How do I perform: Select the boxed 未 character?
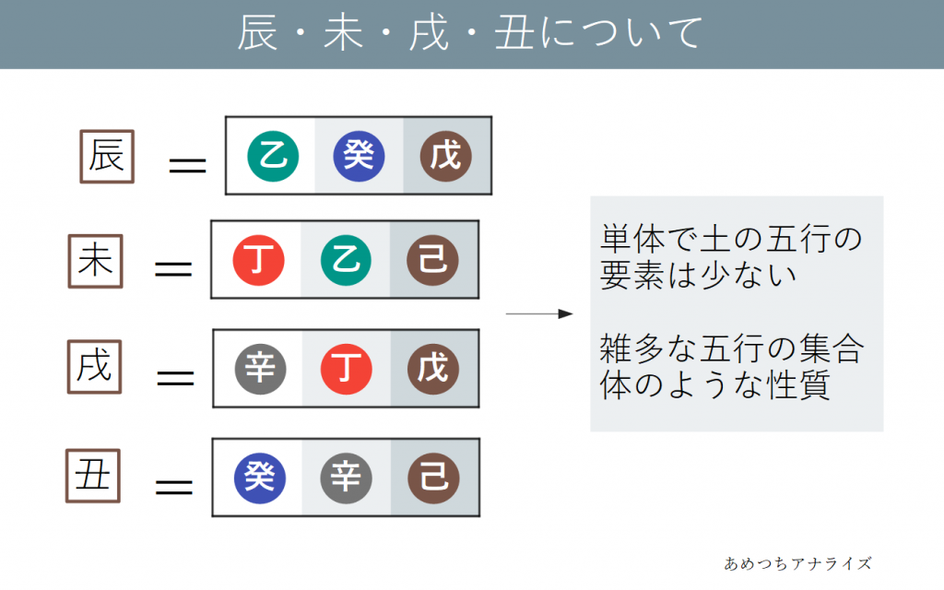tap(95, 262)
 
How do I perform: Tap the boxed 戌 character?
tap(95, 367)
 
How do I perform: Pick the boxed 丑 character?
tap(93, 475)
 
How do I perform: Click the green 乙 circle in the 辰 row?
tap(273, 156)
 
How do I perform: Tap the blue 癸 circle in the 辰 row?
tap(359, 156)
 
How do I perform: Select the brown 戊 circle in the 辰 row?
tap(446, 156)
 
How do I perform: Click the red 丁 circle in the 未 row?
tap(258, 260)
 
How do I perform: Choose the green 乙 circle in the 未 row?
tap(347, 260)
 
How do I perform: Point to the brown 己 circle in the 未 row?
tap(433, 260)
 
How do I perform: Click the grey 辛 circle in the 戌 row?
tap(260, 368)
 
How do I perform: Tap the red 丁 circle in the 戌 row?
tap(347, 368)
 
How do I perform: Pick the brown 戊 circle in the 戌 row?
tap(433, 368)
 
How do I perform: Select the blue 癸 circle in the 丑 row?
tap(260, 477)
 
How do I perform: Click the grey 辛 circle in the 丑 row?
tap(347, 477)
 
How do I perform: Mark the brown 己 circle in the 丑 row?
tap(433, 477)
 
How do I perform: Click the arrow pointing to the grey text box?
tap(539, 314)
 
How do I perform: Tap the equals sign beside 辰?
tap(187, 166)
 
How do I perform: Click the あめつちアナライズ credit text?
tap(797, 562)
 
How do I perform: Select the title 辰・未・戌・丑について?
tap(471, 34)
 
